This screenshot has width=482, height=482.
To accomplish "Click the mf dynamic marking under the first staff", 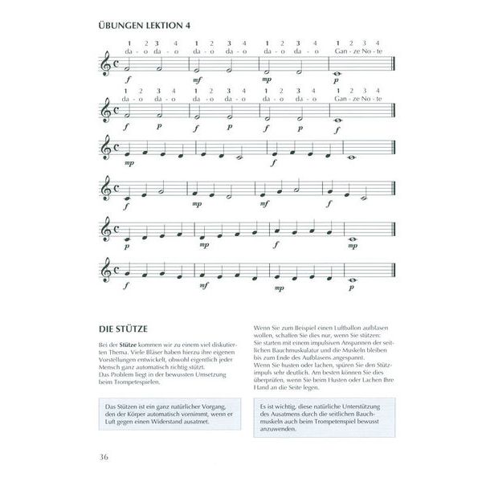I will pyautogui.click(x=197, y=80).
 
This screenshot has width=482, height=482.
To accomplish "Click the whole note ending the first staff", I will pyautogui.click(x=337, y=71).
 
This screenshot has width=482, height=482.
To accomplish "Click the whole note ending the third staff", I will pyautogui.click(x=351, y=158).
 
